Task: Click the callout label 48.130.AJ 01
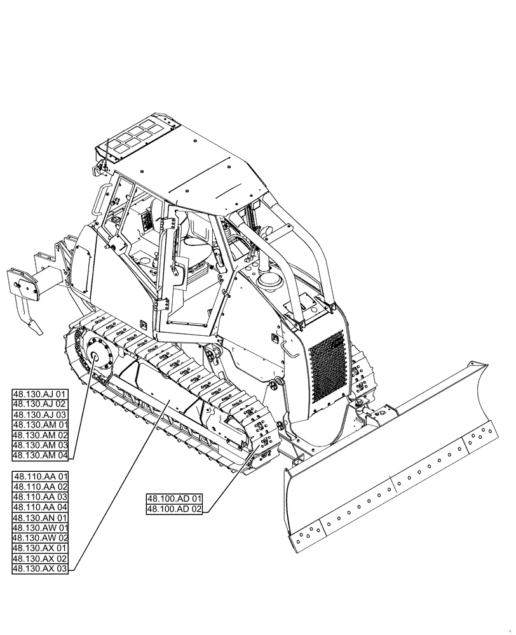coord(39,394)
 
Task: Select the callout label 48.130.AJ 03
coord(39,415)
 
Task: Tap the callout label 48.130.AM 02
coord(39,435)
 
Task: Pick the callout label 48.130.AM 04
coord(39,455)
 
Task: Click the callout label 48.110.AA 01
coord(39,476)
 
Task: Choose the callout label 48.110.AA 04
coord(39,507)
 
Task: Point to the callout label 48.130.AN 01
coord(39,517)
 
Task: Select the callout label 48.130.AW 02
coord(39,537)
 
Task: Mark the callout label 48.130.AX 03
coord(39,568)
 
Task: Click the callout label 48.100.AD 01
coord(174,498)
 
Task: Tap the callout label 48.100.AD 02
coord(174,509)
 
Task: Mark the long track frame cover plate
coord(159,406)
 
